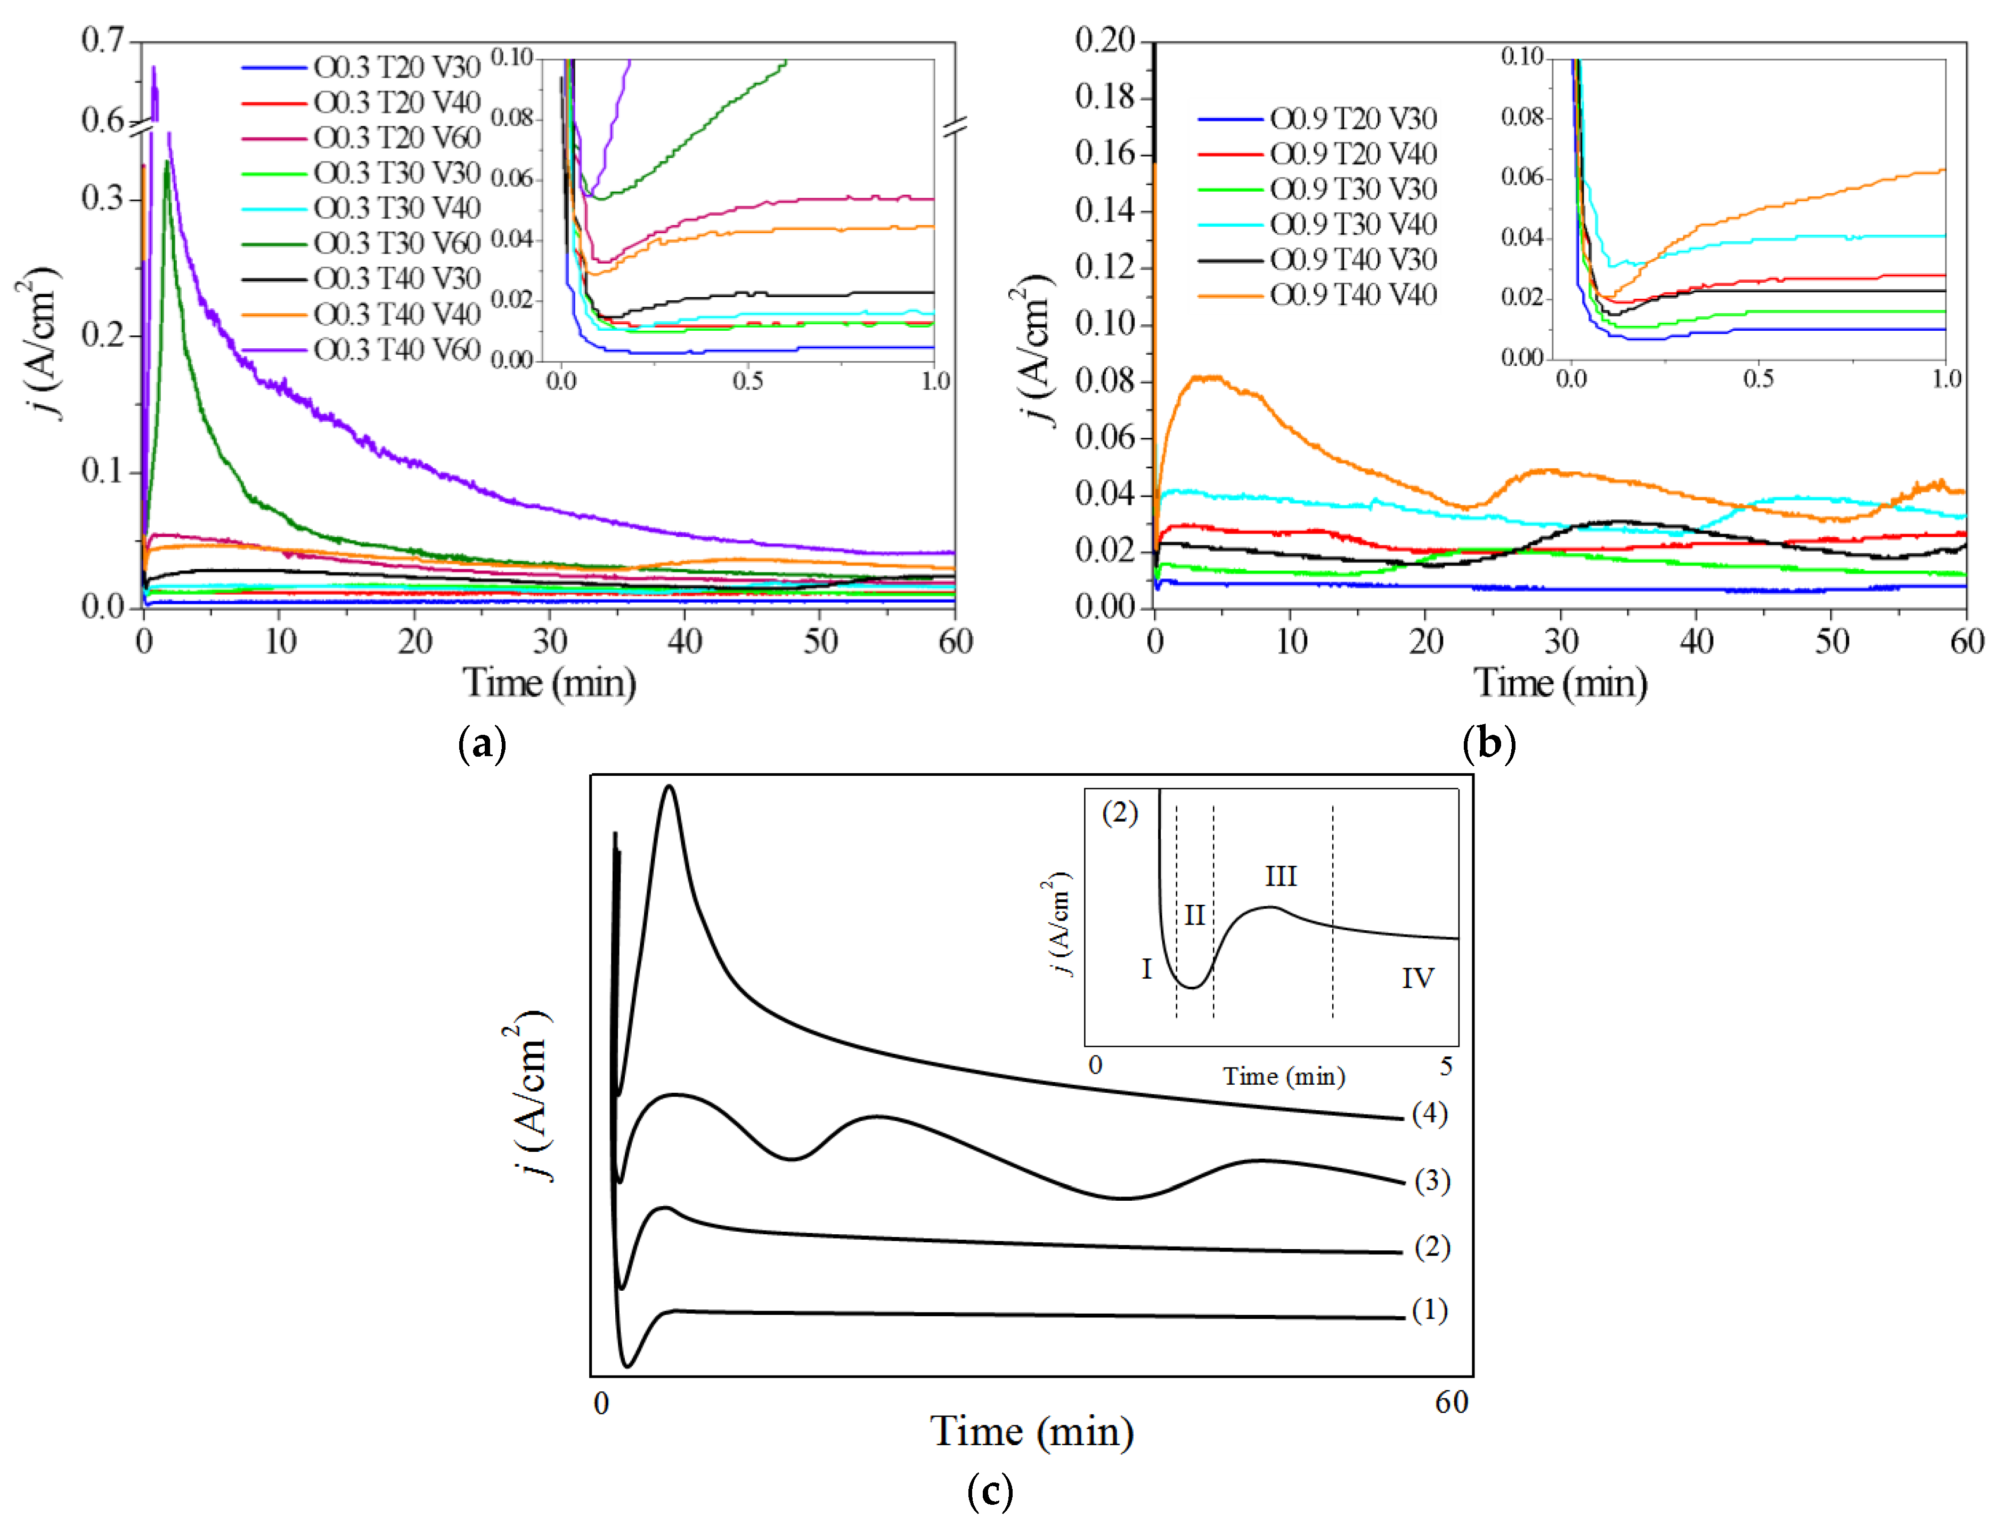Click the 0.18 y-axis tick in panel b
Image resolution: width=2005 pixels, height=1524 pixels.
[x=1104, y=96]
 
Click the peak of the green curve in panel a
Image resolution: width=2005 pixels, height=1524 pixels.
[x=167, y=163]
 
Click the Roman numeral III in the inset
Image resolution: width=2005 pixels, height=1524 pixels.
[x=1280, y=876]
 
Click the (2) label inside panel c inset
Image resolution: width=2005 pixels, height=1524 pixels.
[x=1120, y=813]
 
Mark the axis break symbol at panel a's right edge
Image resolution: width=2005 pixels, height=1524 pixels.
[x=955, y=127]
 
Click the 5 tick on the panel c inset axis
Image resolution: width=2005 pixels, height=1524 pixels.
[x=1446, y=1066]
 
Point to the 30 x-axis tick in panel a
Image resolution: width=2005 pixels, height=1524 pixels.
[x=550, y=642]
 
